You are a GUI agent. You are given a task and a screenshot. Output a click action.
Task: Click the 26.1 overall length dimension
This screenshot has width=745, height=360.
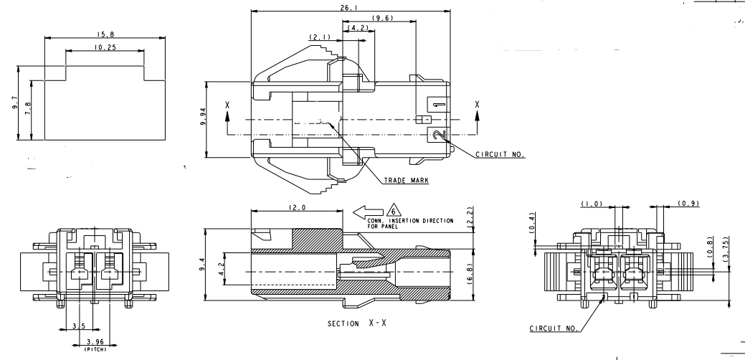click(351, 7)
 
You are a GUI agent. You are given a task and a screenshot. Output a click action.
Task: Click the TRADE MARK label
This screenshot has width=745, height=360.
click(406, 181)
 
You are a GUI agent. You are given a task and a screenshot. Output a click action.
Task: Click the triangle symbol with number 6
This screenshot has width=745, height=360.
click(393, 210)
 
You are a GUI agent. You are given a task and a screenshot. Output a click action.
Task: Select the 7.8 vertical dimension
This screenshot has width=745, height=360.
click(28, 109)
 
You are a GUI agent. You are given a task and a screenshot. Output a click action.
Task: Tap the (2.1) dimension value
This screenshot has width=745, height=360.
click(319, 37)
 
